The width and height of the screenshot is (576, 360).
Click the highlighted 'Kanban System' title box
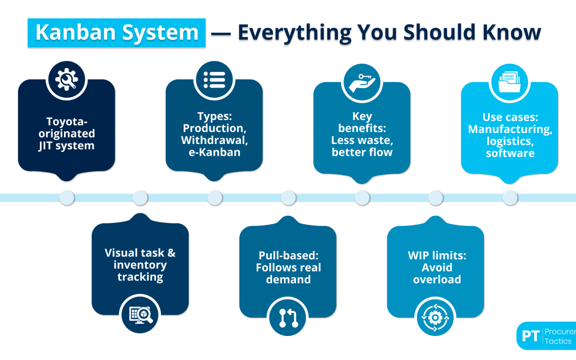pos(116,33)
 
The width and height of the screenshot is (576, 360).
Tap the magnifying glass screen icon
pos(140,316)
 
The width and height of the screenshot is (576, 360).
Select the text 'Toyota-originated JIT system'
pos(67,133)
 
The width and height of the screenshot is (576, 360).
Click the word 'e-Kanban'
pos(214,152)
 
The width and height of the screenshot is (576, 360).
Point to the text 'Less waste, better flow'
pos(362,147)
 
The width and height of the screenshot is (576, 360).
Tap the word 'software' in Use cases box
pos(509,153)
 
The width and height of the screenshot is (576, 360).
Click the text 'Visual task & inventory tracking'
pos(140,265)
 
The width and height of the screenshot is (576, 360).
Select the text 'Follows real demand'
pos(288,274)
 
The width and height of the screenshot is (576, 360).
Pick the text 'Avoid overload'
pos(436,274)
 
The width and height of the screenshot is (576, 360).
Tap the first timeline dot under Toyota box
pos(67,198)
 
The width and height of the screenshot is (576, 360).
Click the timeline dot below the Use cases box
pos(510,198)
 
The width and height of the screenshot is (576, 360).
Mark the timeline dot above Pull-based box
pos(288,198)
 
